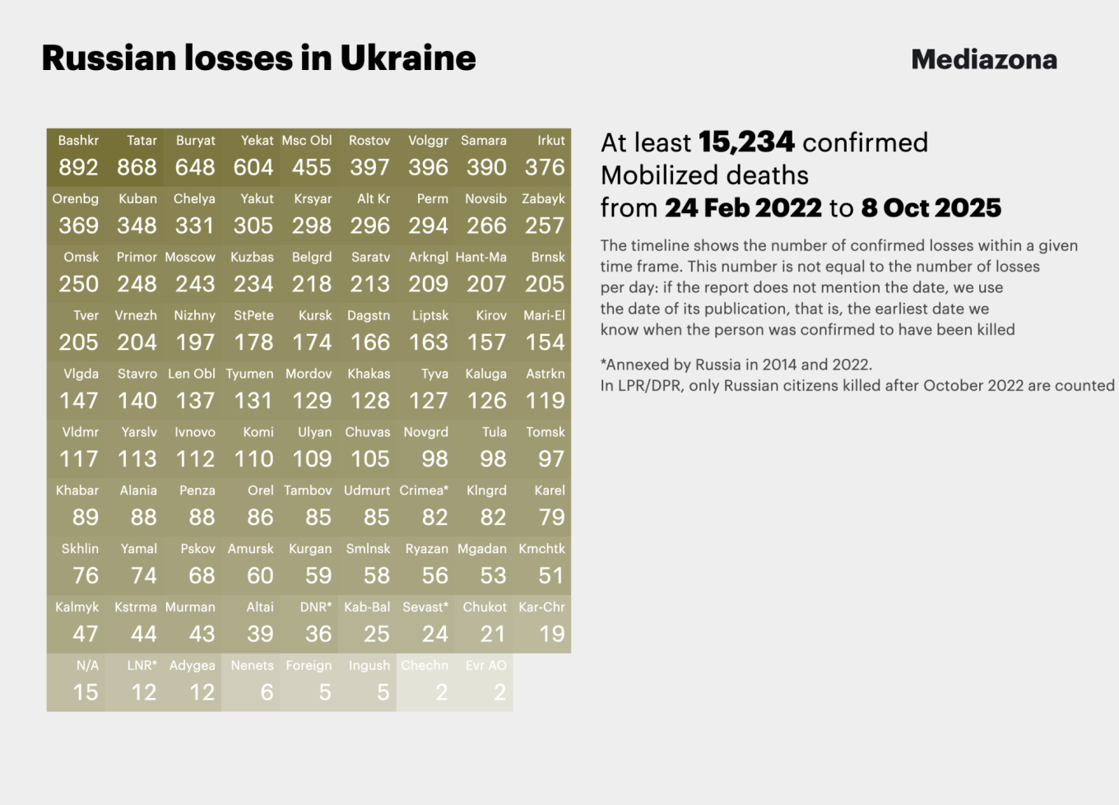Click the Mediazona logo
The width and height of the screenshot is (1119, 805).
point(984,59)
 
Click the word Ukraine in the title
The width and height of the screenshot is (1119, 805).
point(408,58)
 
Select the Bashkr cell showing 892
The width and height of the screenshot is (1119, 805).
point(76,156)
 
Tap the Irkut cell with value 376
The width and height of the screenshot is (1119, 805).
point(542,156)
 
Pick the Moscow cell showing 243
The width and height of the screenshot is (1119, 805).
point(193,273)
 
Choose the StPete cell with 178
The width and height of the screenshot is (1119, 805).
point(251,332)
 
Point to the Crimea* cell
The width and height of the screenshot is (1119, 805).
point(425,506)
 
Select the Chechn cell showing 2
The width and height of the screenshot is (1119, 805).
point(425,682)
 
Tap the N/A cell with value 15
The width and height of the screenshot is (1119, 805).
point(76,682)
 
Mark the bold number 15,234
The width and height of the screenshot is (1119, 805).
point(746,142)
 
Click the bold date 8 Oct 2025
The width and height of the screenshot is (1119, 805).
point(931,208)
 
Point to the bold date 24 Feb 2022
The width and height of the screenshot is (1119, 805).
point(743,208)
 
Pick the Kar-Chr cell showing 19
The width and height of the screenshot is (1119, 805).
point(542,623)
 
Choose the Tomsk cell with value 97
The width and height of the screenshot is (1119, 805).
point(542,448)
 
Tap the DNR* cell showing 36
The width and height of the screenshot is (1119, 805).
point(309,623)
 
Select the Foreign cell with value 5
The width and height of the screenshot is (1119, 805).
point(309,682)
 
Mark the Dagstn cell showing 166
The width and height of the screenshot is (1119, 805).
point(368,332)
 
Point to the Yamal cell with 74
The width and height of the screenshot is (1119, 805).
point(134,565)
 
